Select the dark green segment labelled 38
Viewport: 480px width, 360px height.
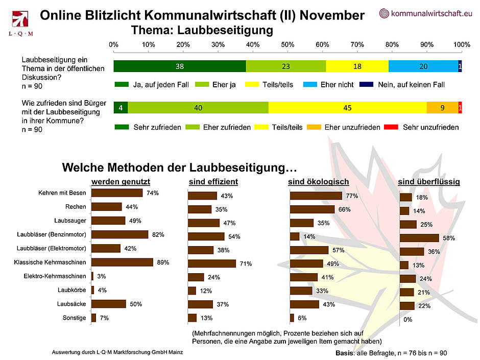click(179, 66)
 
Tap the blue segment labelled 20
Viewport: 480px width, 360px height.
click(423, 66)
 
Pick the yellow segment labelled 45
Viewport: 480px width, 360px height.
click(347, 108)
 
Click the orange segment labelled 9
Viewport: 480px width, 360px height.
click(442, 108)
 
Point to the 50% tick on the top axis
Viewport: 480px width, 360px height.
click(287, 44)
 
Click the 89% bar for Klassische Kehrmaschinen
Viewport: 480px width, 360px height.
click(122, 262)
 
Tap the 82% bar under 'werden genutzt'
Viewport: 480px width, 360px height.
click(119, 234)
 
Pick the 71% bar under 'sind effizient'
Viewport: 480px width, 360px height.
click(212, 264)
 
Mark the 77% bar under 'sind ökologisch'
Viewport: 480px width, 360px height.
click(316, 196)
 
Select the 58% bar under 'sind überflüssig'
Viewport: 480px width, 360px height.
click(420, 238)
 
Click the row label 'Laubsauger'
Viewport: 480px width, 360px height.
click(70, 221)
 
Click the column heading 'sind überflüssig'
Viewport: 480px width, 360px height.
click(429, 181)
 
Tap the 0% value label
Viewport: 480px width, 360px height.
click(407, 320)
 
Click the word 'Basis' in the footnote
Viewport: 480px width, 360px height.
click(345, 353)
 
